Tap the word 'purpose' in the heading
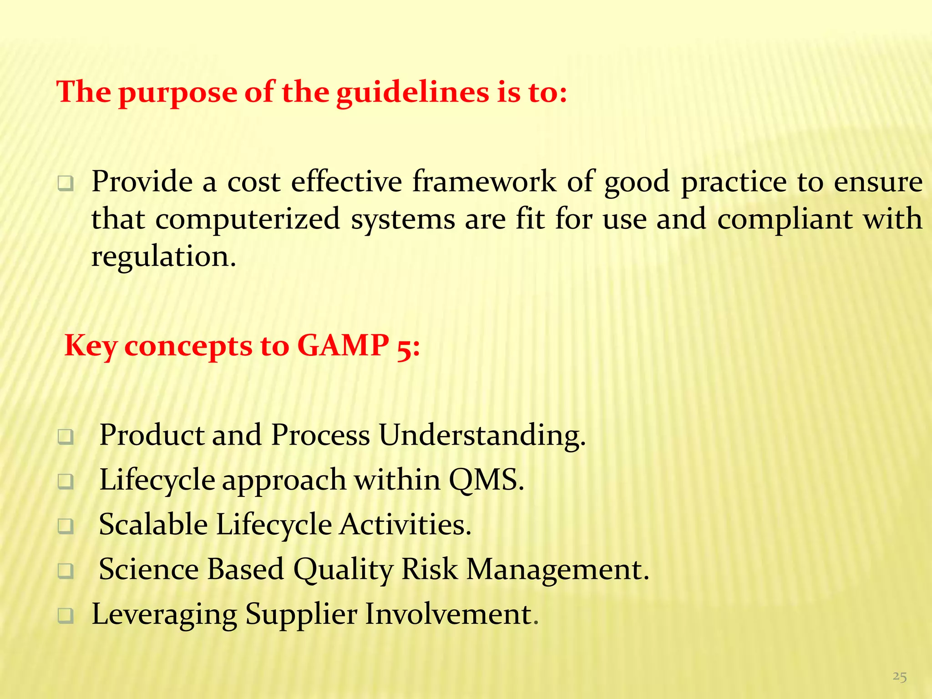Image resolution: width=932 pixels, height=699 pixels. pyautogui.click(x=178, y=92)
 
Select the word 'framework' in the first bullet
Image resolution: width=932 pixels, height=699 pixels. pyautogui.click(x=484, y=182)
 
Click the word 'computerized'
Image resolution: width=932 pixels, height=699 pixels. pyautogui.click(x=248, y=219)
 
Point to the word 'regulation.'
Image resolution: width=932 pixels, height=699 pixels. pyautogui.click(x=164, y=256)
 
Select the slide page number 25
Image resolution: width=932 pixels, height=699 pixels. pyautogui.click(x=899, y=677)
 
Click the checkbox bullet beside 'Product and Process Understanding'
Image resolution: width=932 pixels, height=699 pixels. pyautogui.click(x=66, y=437)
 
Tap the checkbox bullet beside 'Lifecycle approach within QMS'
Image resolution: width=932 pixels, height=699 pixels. pyautogui.click(x=66, y=481)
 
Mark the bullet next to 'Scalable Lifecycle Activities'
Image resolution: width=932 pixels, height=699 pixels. pyautogui.click(x=66, y=526)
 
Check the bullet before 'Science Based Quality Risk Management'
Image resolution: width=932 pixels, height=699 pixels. pyautogui.click(x=66, y=571)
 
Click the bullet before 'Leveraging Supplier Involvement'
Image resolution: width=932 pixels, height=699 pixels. pyautogui.click(x=66, y=616)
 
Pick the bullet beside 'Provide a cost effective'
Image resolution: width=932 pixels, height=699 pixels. pyautogui.click(x=66, y=184)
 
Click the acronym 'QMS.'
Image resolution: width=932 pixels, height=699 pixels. pyautogui.click(x=486, y=480)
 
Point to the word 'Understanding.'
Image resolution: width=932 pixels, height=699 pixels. pyautogui.click(x=482, y=435)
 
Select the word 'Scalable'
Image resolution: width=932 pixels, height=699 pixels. pyautogui.click(x=153, y=524)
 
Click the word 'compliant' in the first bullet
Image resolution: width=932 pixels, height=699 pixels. pyautogui.click(x=785, y=219)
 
